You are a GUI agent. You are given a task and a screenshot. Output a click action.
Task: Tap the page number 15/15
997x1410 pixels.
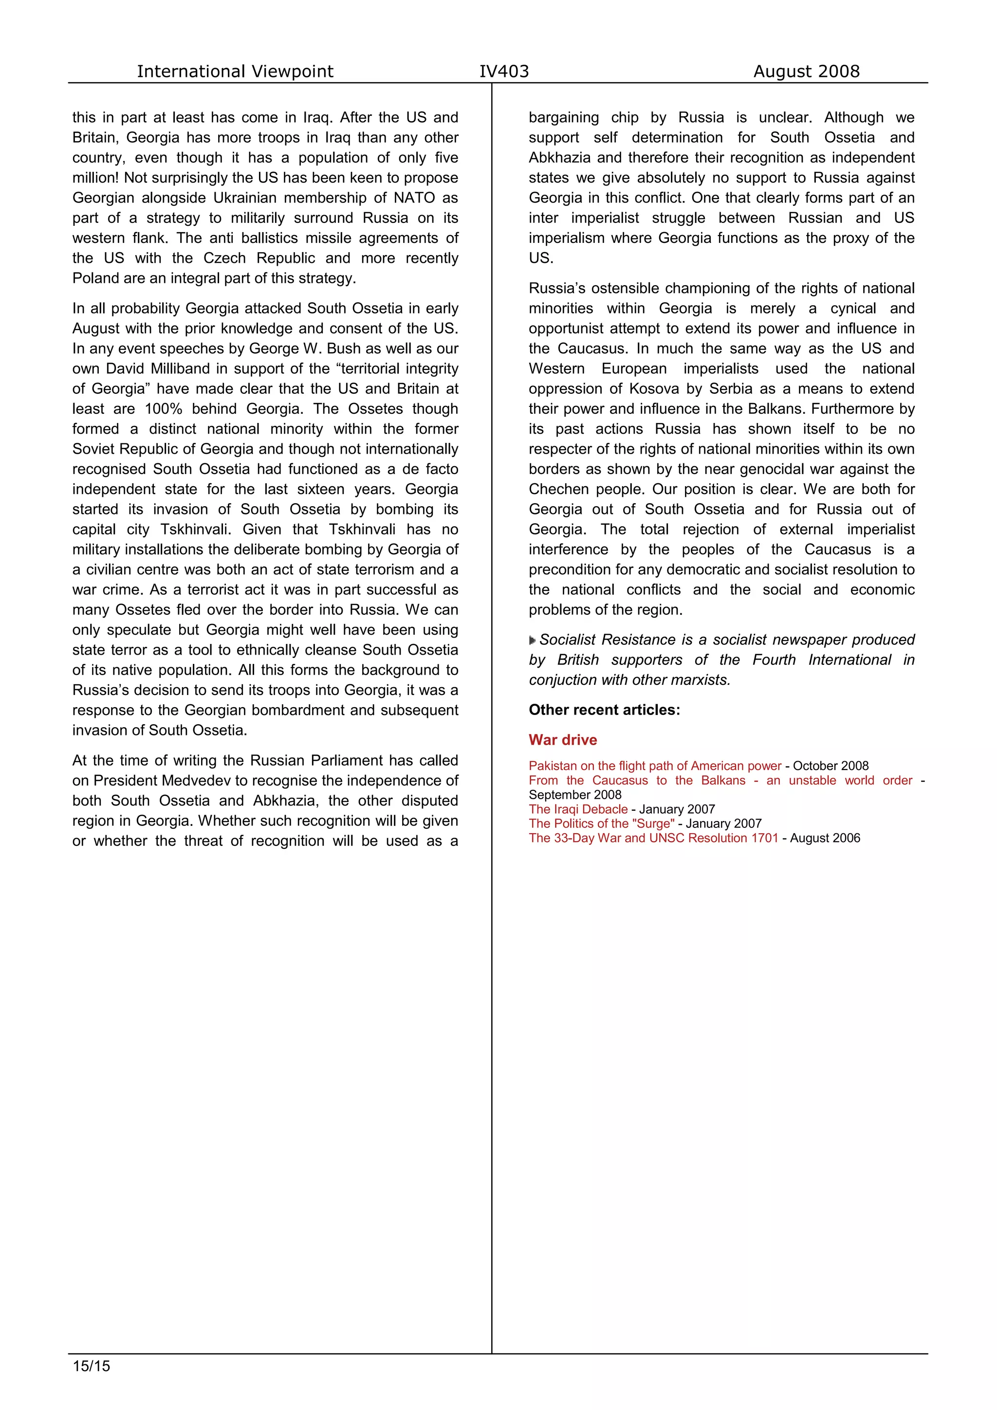[x=92, y=1366]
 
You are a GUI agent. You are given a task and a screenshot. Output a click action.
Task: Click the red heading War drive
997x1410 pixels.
[x=563, y=739]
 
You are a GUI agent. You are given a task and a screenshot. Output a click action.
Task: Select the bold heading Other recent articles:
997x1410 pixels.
[x=604, y=710]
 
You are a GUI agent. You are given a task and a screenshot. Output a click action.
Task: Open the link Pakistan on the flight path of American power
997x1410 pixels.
[x=655, y=766]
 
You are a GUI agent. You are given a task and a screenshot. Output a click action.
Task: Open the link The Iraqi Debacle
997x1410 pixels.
[x=578, y=809]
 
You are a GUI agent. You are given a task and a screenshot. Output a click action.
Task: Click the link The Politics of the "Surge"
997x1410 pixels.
[x=601, y=824]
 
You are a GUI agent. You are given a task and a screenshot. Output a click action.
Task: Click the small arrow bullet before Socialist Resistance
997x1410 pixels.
[x=532, y=641]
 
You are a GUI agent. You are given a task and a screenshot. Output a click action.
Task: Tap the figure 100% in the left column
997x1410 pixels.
[x=164, y=409]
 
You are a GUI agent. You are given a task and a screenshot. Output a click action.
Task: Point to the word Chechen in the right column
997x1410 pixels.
[x=555, y=490]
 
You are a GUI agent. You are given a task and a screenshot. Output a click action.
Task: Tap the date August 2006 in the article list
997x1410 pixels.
[x=825, y=838]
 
